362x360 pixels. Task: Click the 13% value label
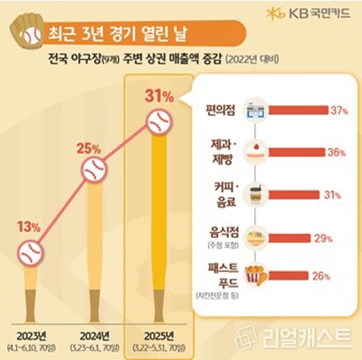click(x=28, y=228)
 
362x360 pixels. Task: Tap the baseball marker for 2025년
click(x=160, y=123)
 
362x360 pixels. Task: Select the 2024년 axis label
click(x=94, y=336)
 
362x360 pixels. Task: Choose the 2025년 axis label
click(x=159, y=336)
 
